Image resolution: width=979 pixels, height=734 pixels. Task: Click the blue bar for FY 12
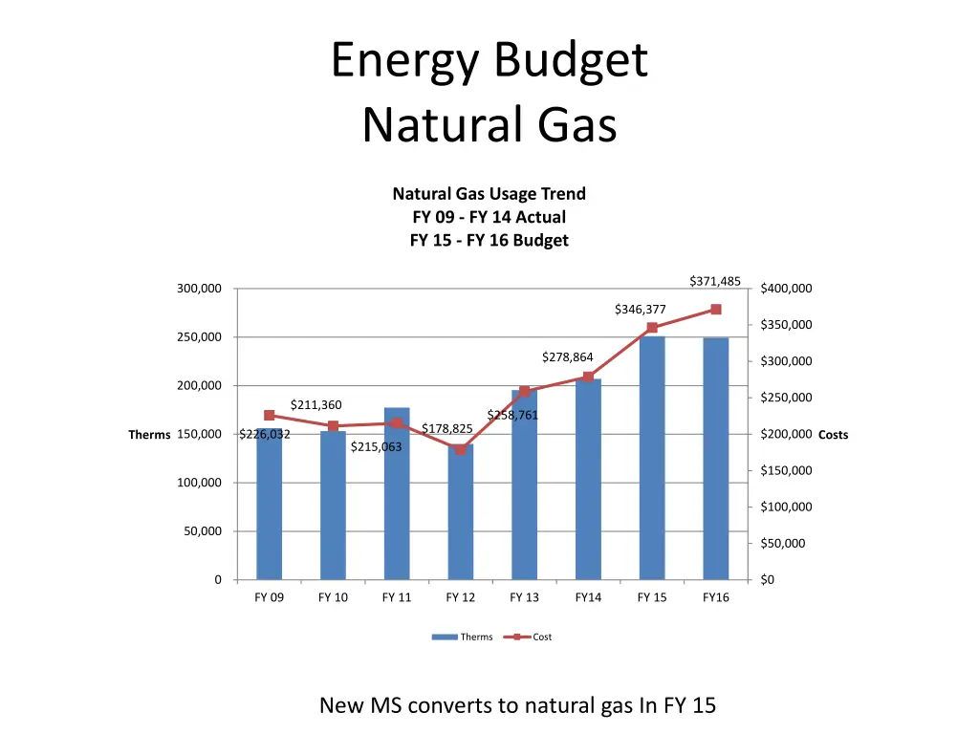tap(460, 516)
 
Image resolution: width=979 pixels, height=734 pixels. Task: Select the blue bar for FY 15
tap(652, 459)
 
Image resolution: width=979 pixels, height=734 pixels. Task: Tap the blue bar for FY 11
tap(397, 497)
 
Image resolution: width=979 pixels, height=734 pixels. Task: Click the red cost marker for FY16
tap(716, 310)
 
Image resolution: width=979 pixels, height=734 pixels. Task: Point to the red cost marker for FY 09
tap(269, 416)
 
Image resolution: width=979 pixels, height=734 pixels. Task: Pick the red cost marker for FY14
tap(588, 378)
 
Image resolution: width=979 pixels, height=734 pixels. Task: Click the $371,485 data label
tap(715, 281)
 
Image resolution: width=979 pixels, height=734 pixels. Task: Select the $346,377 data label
tap(640, 310)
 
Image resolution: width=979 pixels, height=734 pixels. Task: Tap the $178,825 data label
tap(447, 428)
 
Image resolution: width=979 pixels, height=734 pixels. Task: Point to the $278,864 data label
tap(568, 357)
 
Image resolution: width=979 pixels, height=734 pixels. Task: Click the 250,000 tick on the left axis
tap(199, 337)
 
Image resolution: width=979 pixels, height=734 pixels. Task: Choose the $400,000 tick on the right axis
tap(786, 290)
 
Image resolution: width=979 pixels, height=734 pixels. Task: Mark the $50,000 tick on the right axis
tap(783, 544)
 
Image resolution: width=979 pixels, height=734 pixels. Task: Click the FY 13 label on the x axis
tap(524, 598)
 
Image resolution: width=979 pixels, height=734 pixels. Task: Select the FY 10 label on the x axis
tap(333, 598)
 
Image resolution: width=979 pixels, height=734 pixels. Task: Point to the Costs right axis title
tap(833, 435)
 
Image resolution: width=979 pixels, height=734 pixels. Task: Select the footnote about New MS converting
tap(517, 706)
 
